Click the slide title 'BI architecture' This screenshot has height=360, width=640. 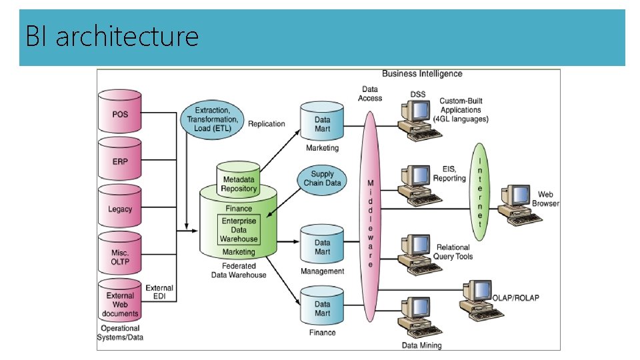pos(112,36)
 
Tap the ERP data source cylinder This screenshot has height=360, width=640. pos(120,161)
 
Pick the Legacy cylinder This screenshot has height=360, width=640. pos(120,209)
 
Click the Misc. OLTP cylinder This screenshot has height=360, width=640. pos(120,256)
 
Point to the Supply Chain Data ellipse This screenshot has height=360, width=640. pos(322,179)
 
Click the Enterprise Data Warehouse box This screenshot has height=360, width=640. pos(239,229)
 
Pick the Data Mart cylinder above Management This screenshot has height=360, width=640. pos(322,247)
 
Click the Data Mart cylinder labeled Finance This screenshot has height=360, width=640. pos(322,308)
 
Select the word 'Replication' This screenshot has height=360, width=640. pos(266,124)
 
